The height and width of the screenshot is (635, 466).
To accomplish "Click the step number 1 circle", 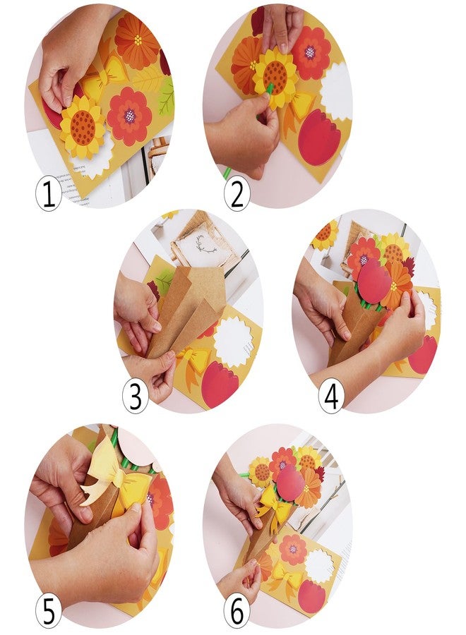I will click(49, 193).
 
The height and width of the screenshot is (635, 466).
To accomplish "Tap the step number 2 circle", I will click(237, 193).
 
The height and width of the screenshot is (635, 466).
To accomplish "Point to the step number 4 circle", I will click(331, 397).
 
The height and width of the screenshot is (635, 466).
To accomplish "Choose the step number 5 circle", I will click(49, 611).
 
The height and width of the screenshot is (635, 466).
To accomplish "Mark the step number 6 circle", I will click(237, 611).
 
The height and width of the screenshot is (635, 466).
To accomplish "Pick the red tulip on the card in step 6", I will click(311, 594).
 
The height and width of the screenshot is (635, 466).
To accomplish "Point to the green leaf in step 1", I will click(165, 95).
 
